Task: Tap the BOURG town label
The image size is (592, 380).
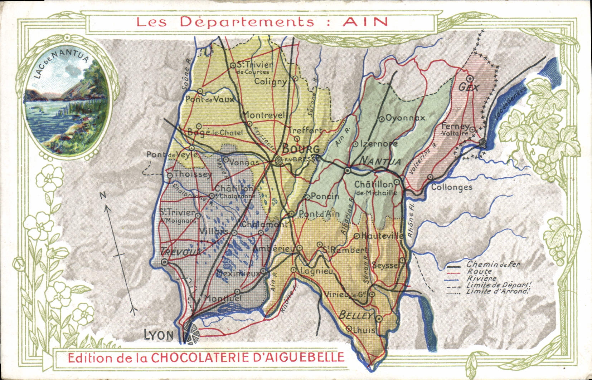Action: (301, 149)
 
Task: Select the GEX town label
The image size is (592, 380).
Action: (469, 87)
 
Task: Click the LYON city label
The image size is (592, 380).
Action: (159, 335)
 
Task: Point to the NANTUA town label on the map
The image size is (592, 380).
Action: (380, 162)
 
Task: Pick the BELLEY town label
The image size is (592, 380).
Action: (356, 315)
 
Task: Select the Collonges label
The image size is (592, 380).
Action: (452, 187)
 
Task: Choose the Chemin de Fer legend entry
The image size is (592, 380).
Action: (493, 265)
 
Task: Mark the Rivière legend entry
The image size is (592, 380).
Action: (481, 278)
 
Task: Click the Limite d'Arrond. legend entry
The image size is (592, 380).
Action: (498, 291)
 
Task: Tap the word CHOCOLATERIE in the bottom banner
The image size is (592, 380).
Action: (229, 357)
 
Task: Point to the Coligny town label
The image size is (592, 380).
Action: (271, 82)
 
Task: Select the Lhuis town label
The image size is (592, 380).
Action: (364, 330)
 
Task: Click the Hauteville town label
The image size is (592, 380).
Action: (382, 236)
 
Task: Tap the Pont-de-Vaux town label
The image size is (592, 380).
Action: (210, 100)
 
